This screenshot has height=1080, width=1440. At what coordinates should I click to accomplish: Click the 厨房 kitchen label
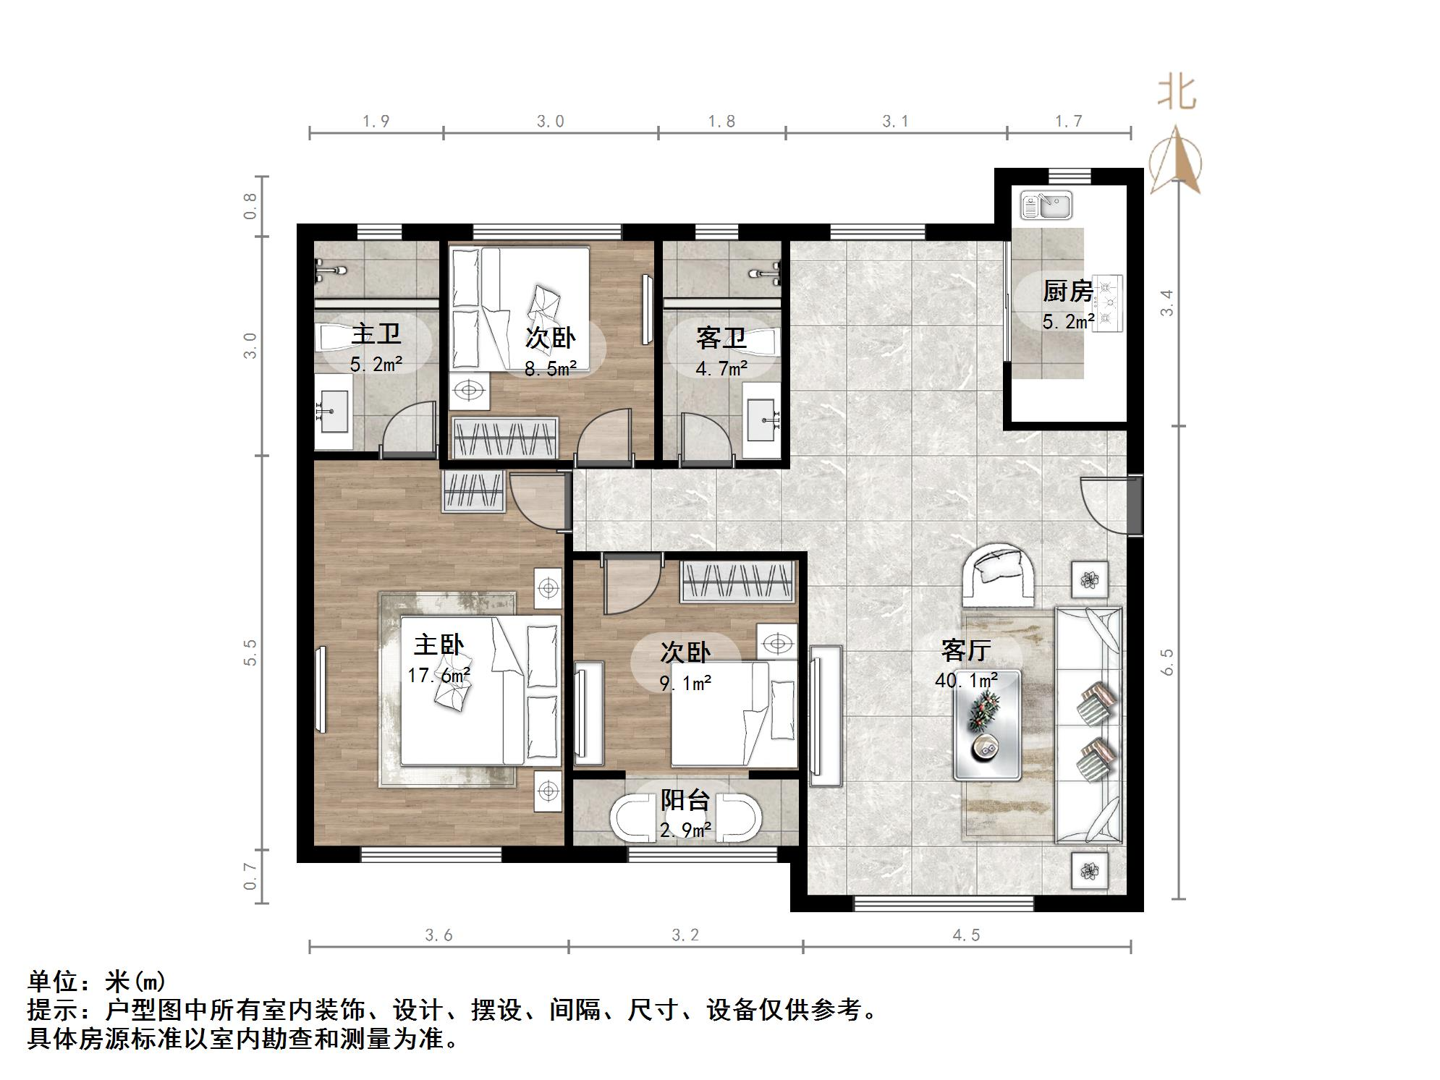point(1067,292)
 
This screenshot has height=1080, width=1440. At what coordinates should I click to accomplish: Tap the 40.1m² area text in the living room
point(966,681)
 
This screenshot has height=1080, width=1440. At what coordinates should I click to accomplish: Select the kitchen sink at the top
point(1046,206)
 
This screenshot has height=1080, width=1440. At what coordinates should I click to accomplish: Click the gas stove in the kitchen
point(1106,303)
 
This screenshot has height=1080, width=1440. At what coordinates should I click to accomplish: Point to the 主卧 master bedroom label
point(439,645)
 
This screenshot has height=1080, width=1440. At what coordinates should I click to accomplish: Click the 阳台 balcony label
point(685,800)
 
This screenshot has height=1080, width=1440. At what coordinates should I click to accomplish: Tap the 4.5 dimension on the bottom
point(966,935)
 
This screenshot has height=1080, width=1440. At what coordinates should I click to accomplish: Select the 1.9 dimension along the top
point(376,121)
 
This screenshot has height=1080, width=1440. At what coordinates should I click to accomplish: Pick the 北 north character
point(1177,93)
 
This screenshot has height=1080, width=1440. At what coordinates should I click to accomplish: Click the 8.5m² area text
point(550,370)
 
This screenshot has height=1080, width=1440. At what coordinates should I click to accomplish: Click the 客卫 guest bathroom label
point(721,338)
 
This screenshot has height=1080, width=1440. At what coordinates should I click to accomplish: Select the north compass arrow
point(1176,161)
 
